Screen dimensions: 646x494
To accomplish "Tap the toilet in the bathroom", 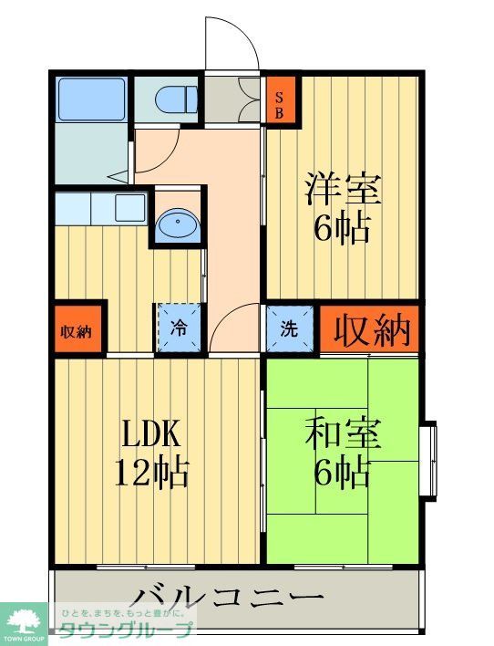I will (x=173, y=97).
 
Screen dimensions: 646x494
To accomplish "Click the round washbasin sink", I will (x=174, y=224).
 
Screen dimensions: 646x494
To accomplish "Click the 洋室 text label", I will (x=343, y=189).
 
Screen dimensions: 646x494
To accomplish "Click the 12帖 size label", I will (x=151, y=473).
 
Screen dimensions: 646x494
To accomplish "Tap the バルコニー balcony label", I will (x=228, y=599).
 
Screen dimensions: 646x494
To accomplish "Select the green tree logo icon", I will (x=24, y=620).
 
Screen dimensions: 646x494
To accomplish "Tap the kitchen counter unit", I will (x=99, y=208).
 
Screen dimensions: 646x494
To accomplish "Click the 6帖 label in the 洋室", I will (x=343, y=229).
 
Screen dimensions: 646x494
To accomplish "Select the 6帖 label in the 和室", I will (x=343, y=474).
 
